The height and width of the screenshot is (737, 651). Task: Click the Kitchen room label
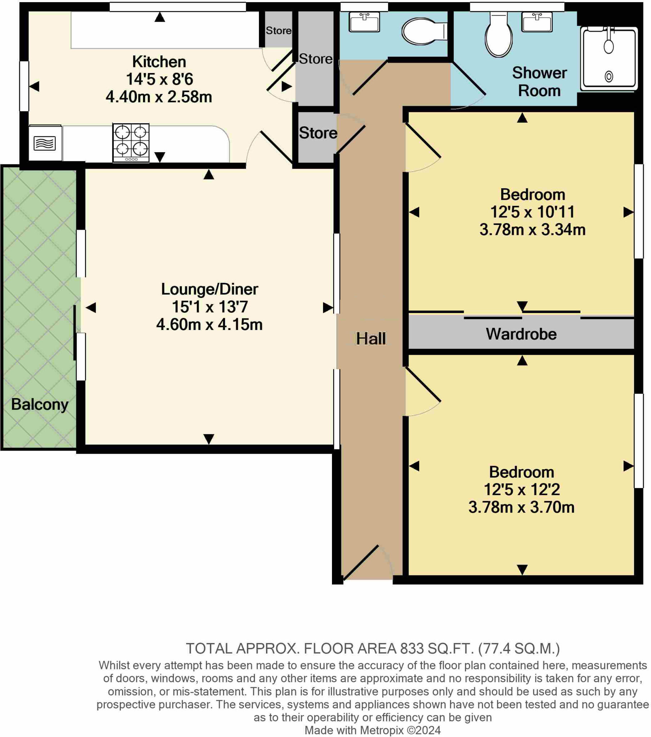[x=159, y=62]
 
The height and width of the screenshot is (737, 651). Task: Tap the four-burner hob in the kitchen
[x=131, y=143]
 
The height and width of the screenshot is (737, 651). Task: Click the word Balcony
[x=40, y=404]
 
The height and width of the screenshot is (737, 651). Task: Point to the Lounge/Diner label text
[x=209, y=289]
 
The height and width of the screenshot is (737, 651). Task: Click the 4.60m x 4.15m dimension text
[x=209, y=325]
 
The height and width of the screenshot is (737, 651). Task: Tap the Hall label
[x=371, y=339]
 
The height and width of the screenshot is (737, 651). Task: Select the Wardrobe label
[x=521, y=334]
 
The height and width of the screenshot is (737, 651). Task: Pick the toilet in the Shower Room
[x=498, y=36]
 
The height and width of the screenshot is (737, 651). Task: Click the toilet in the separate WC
[x=422, y=31]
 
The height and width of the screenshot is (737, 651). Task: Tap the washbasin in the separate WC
[x=364, y=22]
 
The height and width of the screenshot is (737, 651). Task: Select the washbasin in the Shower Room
[x=536, y=22]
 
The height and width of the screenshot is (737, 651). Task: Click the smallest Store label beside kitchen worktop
[x=278, y=31]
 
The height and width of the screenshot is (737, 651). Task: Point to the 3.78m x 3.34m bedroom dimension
[x=532, y=230]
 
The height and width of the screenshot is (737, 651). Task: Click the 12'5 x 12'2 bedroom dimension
[x=521, y=490]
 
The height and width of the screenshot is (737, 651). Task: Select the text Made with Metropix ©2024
[x=372, y=730]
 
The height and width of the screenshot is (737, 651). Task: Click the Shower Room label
[x=539, y=82]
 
